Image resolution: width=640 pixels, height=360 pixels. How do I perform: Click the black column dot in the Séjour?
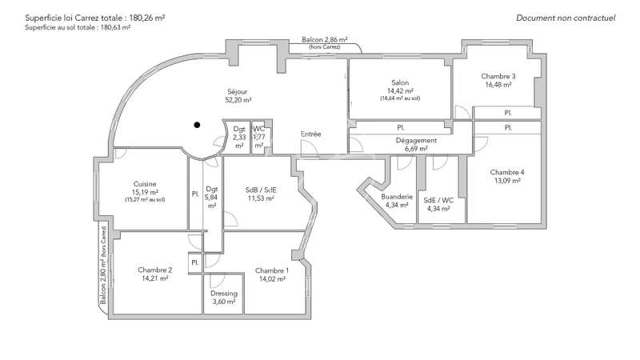(x=196, y=125)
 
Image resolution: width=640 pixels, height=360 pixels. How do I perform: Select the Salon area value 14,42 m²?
(x=399, y=91)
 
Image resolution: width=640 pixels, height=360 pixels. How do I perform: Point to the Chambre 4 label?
(x=507, y=172)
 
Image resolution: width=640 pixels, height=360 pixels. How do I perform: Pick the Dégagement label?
(x=416, y=141)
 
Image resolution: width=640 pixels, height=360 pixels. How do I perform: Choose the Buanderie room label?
(x=397, y=196)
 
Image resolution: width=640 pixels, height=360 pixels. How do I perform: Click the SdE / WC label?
(x=438, y=200)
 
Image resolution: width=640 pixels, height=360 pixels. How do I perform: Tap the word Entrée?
(x=311, y=134)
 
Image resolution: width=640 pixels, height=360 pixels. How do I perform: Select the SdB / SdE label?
(x=262, y=190)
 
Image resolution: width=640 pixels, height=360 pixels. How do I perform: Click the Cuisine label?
(x=145, y=183)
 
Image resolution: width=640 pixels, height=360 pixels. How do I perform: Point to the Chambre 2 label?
(x=153, y=270)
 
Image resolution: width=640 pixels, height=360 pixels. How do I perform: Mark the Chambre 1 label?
(x=272, y=270)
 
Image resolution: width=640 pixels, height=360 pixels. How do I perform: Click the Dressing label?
(x=224, y=293)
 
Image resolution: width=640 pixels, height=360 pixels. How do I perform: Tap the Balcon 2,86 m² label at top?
(x=324, y=39)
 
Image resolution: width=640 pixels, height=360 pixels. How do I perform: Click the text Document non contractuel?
(x=566, y=18)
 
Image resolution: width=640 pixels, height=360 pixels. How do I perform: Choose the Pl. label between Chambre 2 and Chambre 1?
(x=194, y=262)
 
